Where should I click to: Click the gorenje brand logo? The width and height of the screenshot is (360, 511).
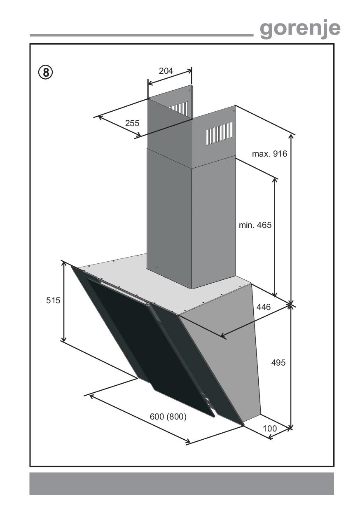(x=300, y=30)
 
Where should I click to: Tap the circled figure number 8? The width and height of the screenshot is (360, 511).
(x=46, y=73)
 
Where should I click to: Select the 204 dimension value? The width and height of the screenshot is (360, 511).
(x=166, y=71)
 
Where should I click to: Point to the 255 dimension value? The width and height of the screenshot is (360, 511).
(x=132, y=123)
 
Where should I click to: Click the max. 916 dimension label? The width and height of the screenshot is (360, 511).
(x=269, y=154)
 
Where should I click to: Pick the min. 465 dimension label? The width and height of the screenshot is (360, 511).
(x=255, y=225)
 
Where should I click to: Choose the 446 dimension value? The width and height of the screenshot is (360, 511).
(x=264, y=307)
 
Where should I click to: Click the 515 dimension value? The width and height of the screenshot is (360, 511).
(x=53, y=300)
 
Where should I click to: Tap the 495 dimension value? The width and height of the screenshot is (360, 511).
(x=278, y=363)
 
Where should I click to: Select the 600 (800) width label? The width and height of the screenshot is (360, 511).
(x=168, y=417)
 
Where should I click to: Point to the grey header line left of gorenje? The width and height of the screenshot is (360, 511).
(x=141, y=35)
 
